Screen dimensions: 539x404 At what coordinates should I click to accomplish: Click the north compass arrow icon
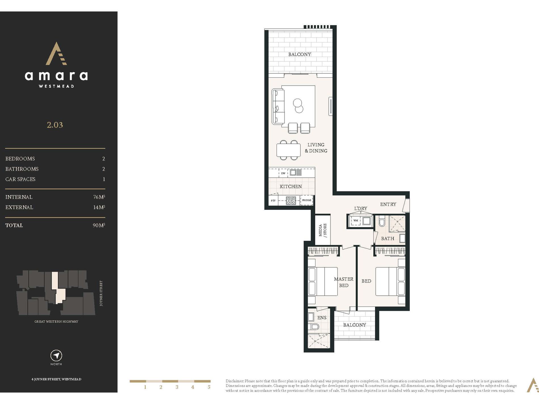(56, 356)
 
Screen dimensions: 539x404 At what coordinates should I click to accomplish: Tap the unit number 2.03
(55, 125)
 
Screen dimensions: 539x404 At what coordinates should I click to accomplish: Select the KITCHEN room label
(291, 187)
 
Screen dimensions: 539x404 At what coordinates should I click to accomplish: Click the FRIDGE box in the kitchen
(306, 200)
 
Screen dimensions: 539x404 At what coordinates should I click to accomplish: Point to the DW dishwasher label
(283, 173)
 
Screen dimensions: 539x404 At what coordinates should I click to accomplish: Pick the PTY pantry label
(273, 201)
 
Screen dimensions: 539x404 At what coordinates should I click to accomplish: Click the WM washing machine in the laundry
(356, 221)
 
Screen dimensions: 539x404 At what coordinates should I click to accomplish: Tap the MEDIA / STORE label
(323, 230)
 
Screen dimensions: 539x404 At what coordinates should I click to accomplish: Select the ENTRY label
(388, 204)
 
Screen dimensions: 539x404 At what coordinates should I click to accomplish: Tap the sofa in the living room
(278, 107)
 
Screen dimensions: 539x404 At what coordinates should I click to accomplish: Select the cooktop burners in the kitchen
(291, 201)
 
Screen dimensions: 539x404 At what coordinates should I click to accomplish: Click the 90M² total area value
(99, 225)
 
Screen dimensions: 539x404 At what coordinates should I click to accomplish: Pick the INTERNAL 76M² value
(99, 197)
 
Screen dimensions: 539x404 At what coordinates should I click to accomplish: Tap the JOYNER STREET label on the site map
(101, 293)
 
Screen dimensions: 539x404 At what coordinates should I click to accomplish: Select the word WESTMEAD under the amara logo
(56, 86)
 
